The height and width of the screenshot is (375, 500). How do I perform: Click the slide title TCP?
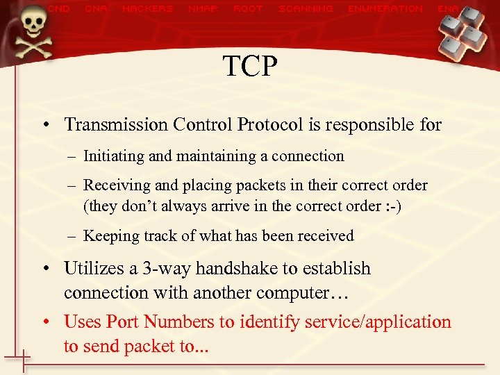coord(250,67)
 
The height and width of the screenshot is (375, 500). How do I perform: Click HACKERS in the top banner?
coord(147,9)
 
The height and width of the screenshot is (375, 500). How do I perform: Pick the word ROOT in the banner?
coord(248,9)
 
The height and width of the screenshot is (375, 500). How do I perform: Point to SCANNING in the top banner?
coord(306,9)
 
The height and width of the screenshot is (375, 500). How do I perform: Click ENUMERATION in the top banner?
coord(385,9)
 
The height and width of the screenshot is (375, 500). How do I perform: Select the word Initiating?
coord(114,156)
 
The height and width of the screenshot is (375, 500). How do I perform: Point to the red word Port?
coord(123,322)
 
